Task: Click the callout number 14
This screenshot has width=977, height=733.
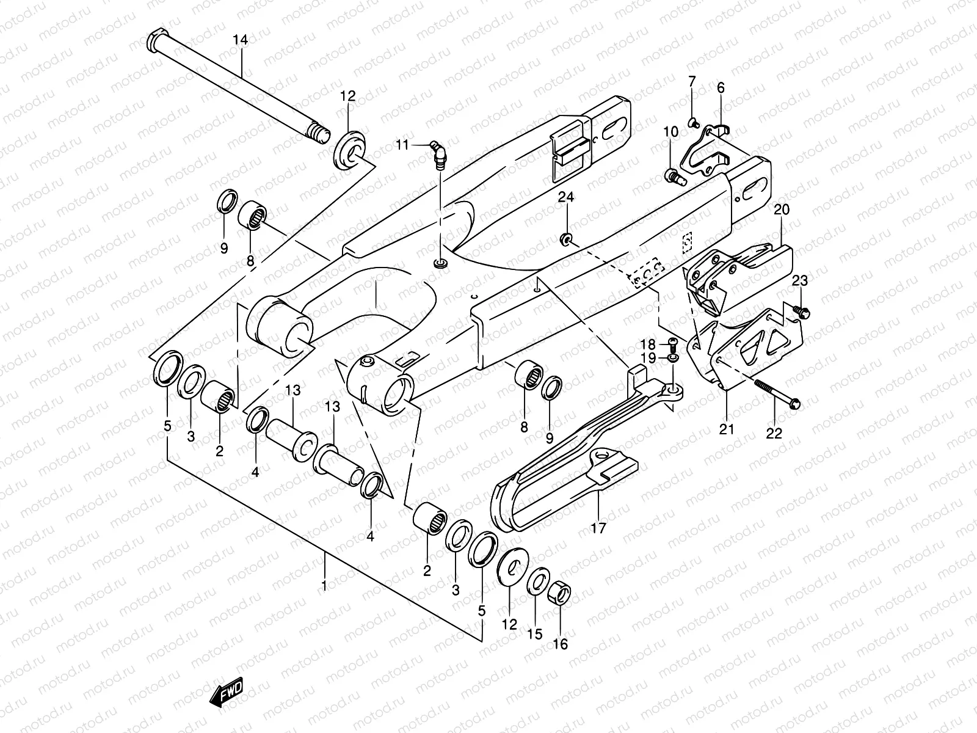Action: click(x=240, y=40)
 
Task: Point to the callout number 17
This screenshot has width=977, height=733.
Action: click(x=598, y=528)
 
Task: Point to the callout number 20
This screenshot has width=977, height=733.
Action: click(x=782, y=210)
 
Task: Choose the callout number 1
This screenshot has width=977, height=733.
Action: click(x=324, y=586)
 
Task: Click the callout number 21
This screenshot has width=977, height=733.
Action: click(x=726, y=429)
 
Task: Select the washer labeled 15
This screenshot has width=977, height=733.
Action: click(x=537, y=581)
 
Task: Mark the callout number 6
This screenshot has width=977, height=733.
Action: click(x=721, y=88)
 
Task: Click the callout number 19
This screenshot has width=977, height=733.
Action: click(x=648, y=357)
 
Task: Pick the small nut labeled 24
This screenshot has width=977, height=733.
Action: click(x=567, y=238)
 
